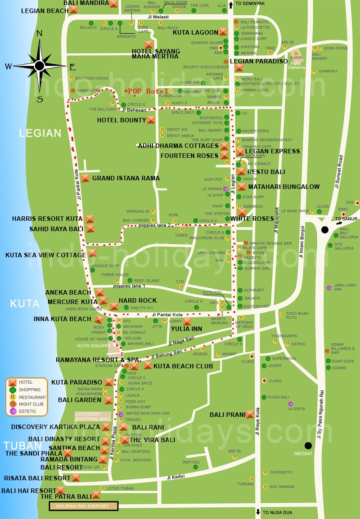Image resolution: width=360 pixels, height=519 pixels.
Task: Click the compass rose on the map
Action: [40, 66]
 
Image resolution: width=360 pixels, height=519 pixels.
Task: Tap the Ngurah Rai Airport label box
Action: [83, 506]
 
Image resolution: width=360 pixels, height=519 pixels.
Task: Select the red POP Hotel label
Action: [145, 91]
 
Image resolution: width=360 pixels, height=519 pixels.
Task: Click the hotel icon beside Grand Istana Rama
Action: [85, 178]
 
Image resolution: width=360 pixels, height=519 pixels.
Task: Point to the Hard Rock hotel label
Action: [138, 300]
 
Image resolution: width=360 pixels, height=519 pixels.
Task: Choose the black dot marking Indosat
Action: [308, 446]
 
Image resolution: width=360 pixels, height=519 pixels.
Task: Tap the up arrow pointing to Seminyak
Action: [231, 5]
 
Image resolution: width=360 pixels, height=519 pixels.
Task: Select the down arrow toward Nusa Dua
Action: [258, 512]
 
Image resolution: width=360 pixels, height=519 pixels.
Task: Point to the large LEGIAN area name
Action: [40, 133]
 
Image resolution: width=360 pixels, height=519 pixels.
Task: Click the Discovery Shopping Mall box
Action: [93, 416]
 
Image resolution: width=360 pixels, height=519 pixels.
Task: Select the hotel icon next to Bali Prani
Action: [250, 415]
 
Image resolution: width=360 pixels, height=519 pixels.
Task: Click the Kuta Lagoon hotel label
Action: [195, 32]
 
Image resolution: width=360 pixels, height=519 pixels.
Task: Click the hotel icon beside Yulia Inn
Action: [187, 322]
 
